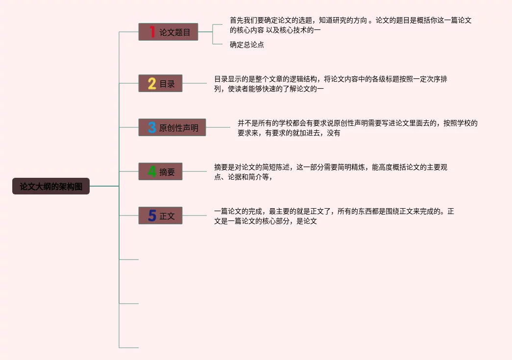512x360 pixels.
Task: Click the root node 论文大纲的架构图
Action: (51, 186)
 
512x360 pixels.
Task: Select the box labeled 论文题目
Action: (168, 32)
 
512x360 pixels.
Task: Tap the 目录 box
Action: (160, 83)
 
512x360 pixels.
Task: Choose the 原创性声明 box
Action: (172, 127)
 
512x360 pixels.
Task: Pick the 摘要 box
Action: (160, 171)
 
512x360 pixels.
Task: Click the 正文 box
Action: (160, 216)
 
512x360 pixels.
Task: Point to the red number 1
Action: (152, 32)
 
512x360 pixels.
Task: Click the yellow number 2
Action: (152, 83)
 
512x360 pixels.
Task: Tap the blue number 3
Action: (152, 127)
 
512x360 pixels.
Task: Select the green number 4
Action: (152, 171)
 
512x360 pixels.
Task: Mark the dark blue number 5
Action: (152, 216)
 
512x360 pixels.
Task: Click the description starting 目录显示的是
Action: (330, 84)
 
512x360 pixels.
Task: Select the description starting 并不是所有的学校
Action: (357, 128)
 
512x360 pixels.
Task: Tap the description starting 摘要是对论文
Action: (330, 172)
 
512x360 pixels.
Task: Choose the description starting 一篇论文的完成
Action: (334, 216)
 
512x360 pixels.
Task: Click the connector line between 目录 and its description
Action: (195, 83)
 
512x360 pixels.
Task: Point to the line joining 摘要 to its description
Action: (195, 171)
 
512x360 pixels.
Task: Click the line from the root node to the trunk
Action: (104, 186)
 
